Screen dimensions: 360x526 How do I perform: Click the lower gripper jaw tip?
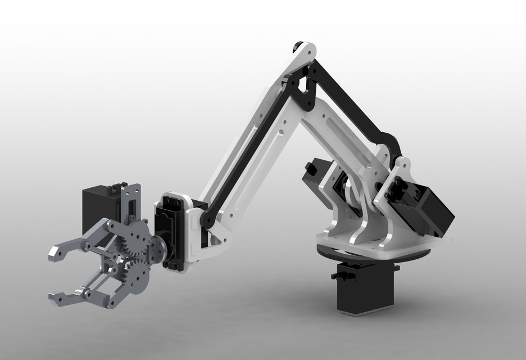click(x=57, y=297)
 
